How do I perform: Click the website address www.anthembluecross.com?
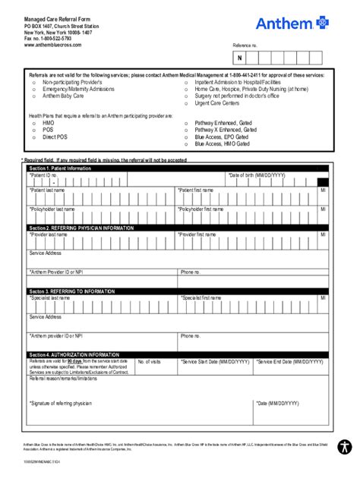point(52,45)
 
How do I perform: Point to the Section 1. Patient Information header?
point(60,168)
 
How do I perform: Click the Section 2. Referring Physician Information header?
point(77,227)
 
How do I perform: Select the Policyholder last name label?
point(52,209)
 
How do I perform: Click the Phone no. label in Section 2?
point(191,271)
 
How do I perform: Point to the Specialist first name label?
point(205,298)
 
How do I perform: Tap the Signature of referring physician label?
point(61,403)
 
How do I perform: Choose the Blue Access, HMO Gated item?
point(222,143)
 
